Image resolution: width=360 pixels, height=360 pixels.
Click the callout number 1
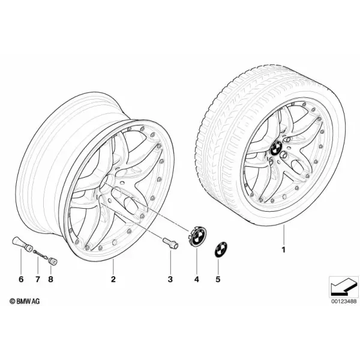pos(284,250)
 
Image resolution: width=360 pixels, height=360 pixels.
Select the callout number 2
pos(113,279)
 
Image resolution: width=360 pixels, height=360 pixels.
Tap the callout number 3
pos(170,279)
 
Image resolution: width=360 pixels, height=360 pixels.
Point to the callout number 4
pos(197,279)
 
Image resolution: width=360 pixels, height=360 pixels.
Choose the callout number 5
pos(218,279)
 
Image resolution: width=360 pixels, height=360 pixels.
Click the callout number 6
pos(21,279)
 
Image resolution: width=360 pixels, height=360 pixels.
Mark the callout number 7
pos(38,279)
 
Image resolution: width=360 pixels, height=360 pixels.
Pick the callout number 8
pos(50,279)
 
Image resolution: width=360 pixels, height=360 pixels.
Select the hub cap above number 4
pos(197,236)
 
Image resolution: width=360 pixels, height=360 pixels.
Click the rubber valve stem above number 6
pos(22,244)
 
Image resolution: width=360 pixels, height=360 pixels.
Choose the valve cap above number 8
pos(53,261)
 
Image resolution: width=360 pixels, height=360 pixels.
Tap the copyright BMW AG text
pos(25,301)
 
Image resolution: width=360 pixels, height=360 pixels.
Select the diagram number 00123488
pos(344,301)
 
